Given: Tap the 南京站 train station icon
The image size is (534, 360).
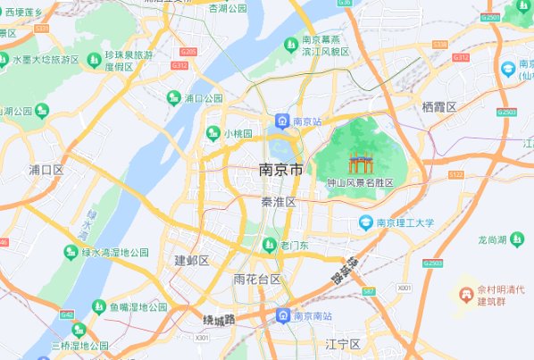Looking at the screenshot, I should coord(281,120).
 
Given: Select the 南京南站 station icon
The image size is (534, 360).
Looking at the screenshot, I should coord(282,315).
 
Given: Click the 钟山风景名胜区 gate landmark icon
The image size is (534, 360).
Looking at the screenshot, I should coord(359,163).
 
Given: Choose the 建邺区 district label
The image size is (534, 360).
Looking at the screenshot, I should coord(191,260).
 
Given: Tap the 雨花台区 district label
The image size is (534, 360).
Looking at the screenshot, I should coord(257,279).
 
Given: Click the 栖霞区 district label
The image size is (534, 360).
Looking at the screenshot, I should coord(439,106).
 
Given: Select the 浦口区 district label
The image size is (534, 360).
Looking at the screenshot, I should coord(46,169).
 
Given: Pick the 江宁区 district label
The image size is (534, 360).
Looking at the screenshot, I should coord(342,344).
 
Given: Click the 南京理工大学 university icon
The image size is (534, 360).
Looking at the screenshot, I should coord(365,222).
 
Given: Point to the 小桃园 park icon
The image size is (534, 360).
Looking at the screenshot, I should coord(213,133).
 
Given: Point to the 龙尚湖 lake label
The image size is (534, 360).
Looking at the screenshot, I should coord(491,239).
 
